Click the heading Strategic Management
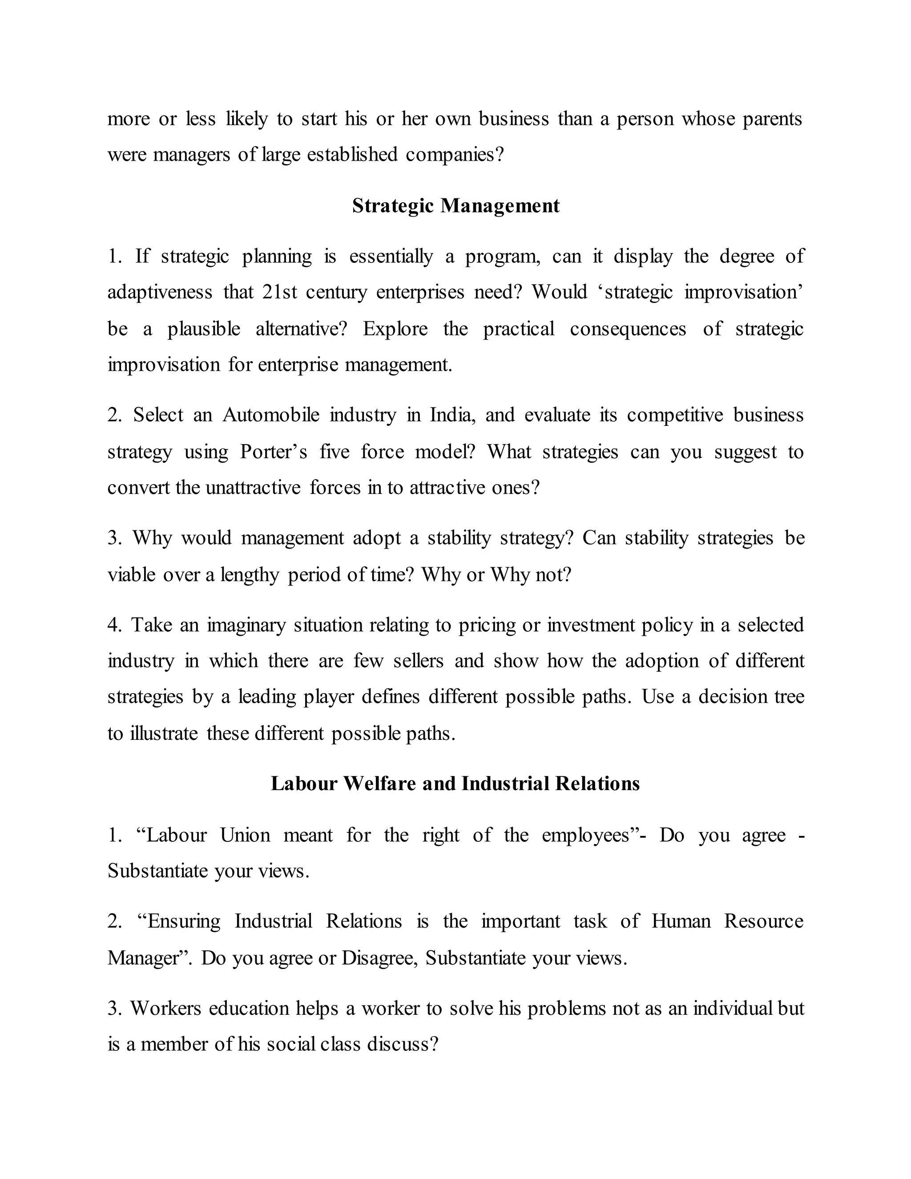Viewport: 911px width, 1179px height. tap(455, 206)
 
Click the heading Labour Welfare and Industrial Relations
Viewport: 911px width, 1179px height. tap(455, 783)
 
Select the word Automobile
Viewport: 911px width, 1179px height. tap(270, 415)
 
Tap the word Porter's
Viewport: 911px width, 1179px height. tap(274, 451)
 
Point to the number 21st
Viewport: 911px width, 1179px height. tap(279, 292)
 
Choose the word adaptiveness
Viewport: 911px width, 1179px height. tap(160, 292)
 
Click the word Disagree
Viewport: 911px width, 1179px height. tap(379, 958)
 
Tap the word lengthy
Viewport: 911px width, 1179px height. tap(249, 575)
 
